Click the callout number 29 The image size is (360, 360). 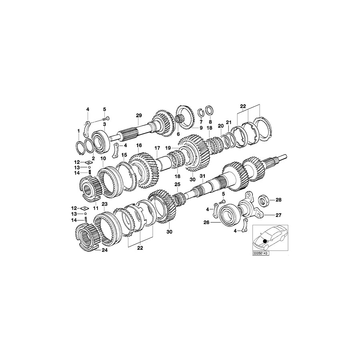(x=138, y=116)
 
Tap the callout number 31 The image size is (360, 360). (x=202, y=176)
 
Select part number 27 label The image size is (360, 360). (x=279, y=215)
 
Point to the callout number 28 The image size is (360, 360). (x=279, y=199)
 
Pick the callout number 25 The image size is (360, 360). (x=177, y=184)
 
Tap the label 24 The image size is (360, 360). (x=104, y=251)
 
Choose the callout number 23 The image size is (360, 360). (x=104, y=204)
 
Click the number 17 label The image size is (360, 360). (x=157, y=148)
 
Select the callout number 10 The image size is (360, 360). (x=103, y=159)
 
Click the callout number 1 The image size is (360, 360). (x=79, y=131)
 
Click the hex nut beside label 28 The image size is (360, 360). (x=264, y=199)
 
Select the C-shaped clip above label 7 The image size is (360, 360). (x=202, y=112)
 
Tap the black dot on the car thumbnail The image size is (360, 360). (x=264, y=240)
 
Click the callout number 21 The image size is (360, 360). (x=229, y=122)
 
